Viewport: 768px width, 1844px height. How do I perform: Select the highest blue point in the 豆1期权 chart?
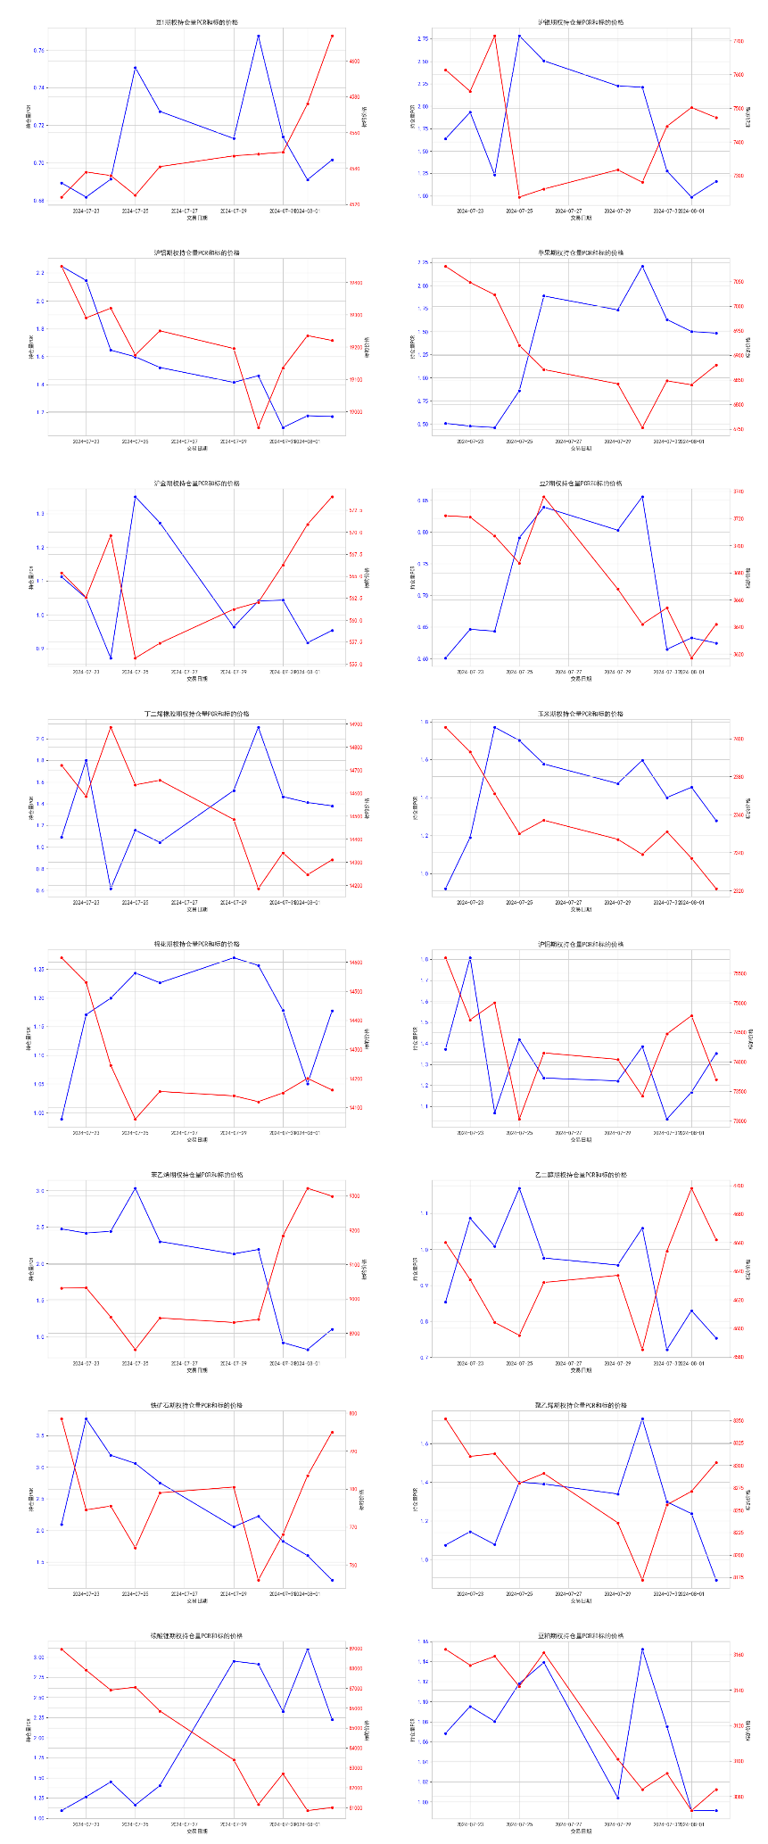[259, 37]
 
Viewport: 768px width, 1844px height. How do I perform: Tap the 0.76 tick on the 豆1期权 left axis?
[38, 51]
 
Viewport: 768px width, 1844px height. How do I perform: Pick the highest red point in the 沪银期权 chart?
[495, 37]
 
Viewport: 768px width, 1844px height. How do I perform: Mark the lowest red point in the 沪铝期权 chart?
[259, 428]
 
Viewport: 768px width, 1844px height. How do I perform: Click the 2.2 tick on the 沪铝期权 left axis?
[39, 273]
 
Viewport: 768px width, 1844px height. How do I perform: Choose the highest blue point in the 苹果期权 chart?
[642, 267]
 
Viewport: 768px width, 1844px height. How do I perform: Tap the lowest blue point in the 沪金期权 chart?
[111, 658]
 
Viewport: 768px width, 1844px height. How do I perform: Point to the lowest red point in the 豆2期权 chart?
[691, 658]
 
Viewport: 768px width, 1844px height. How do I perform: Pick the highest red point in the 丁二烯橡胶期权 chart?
[111, 727]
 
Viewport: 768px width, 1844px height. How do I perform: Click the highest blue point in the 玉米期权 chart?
[495, 727]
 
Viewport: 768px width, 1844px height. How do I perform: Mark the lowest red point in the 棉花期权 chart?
[136, 1119]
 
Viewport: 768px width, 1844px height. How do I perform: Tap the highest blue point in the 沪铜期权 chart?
[470, 958]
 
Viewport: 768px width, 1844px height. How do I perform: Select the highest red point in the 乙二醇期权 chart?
[691, 1188]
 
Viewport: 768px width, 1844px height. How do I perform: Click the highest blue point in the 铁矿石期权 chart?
[87, 1418]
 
